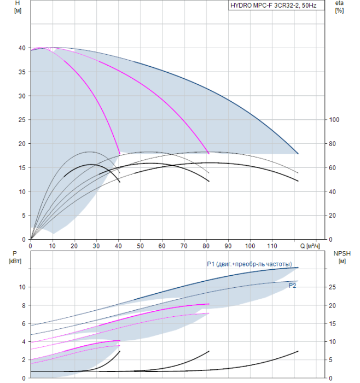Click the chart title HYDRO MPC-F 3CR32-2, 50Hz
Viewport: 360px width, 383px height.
coord(274,5)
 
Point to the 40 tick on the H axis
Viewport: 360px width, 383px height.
coord(22,48)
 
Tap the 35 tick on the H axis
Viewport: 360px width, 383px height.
coord(22,72)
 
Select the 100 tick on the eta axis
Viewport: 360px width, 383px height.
coord(334,120)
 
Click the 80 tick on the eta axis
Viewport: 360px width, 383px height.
coord(332,144)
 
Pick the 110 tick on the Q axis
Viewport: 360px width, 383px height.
coord(272,246)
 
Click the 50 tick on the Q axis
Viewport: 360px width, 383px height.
coord(140,246)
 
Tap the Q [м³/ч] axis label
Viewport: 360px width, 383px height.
coord(310,246)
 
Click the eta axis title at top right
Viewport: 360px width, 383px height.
coord(340,7)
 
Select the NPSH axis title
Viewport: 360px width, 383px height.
coord(342,257)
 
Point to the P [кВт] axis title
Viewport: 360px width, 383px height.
coord(15,257)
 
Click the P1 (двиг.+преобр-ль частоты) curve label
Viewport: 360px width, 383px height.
coord(249,264)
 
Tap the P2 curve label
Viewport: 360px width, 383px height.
coord(292,286)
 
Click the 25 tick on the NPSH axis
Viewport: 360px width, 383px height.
coord(332,287)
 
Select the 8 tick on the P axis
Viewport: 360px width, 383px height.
coord(24,305)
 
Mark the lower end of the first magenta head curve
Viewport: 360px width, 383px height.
coord(120,154)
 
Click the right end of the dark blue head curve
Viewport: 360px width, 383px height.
coord(298,154)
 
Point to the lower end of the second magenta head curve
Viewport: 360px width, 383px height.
coord(209,154)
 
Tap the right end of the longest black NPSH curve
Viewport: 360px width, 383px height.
coord(298,351)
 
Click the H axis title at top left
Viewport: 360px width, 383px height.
coord(18,7)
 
